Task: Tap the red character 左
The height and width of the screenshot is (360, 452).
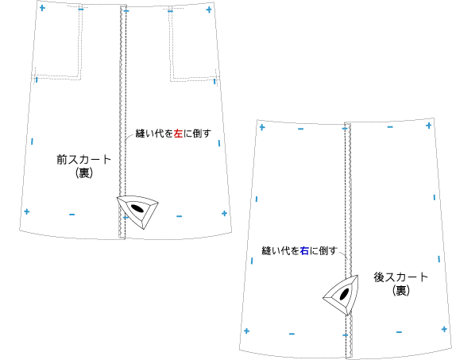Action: click(x=178, y=134)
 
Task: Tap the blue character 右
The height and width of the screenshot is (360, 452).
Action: click(x=304, y=251)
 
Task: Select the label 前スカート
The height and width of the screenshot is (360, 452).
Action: click(x=84, y=160)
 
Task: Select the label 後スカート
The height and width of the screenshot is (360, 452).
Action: click(x=400, y=277)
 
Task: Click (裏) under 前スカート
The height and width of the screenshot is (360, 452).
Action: click(x=84, y=173)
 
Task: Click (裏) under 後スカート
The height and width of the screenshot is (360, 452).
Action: click(x=401, y=291)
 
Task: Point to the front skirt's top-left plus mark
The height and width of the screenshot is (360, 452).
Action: click(x=42, y=8)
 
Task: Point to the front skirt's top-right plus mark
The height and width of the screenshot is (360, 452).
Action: click(x=209, y=10)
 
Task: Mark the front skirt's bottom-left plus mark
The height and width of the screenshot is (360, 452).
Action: click(x=27, y=211)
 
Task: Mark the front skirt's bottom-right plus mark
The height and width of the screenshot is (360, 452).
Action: click(x=224, y=214)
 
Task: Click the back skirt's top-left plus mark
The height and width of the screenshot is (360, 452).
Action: click(x=262, y=127)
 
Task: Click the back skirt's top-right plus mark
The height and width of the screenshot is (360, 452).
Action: click(x=429, y=126)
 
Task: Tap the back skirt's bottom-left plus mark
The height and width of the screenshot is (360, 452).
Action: click(x=246, y=331)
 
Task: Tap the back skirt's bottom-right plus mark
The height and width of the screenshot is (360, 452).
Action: click(x=444, y=329)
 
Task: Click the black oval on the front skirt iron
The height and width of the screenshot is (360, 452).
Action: click(x=137, y=207)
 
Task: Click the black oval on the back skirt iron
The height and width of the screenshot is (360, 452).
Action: click(x=344, y=294)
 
